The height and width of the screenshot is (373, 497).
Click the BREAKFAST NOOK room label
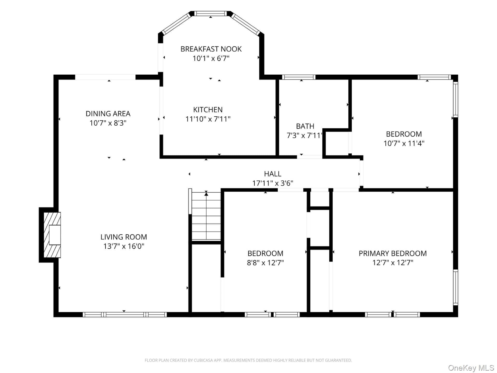tap(211, 49)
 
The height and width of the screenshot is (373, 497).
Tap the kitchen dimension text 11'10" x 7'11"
tap(208, 119)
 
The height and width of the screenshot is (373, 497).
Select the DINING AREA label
tap(108, 113)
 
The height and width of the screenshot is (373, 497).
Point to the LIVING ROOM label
tap(124, 237)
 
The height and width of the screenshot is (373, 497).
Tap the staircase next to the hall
tap(206, 216)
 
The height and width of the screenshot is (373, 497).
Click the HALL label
tap(273, 174)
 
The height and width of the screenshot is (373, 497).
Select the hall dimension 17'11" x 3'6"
tap(273, 183)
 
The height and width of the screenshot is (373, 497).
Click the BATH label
tap(305, 126)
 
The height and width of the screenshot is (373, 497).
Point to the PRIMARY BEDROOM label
tap(393, 253)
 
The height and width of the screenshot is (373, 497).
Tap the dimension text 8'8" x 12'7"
tap(265, 263)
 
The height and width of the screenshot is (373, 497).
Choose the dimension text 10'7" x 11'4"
tap(404, 143)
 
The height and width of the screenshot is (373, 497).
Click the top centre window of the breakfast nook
tap(210, 13)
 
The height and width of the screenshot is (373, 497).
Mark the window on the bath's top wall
tap(299, 77)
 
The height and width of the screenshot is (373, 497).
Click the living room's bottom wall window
tap(125, 314)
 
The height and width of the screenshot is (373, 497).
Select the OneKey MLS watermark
tap(471, 368)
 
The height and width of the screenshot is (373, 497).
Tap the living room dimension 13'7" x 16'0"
tap(124, 246)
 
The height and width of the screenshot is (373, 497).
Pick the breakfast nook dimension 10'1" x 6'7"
tap(211, 58)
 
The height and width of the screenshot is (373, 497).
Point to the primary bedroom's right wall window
tap(456, 287)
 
